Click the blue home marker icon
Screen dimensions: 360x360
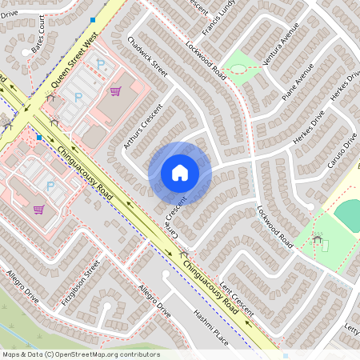point(180,172)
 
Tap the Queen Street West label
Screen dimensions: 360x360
point(74,58)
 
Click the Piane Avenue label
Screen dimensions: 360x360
point(298,83)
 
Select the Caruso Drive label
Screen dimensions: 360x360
point(341,152)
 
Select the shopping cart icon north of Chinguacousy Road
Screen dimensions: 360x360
point(115,91)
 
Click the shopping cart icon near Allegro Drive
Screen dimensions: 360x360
point(38,210)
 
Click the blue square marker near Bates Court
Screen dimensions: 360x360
point(94,19)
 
